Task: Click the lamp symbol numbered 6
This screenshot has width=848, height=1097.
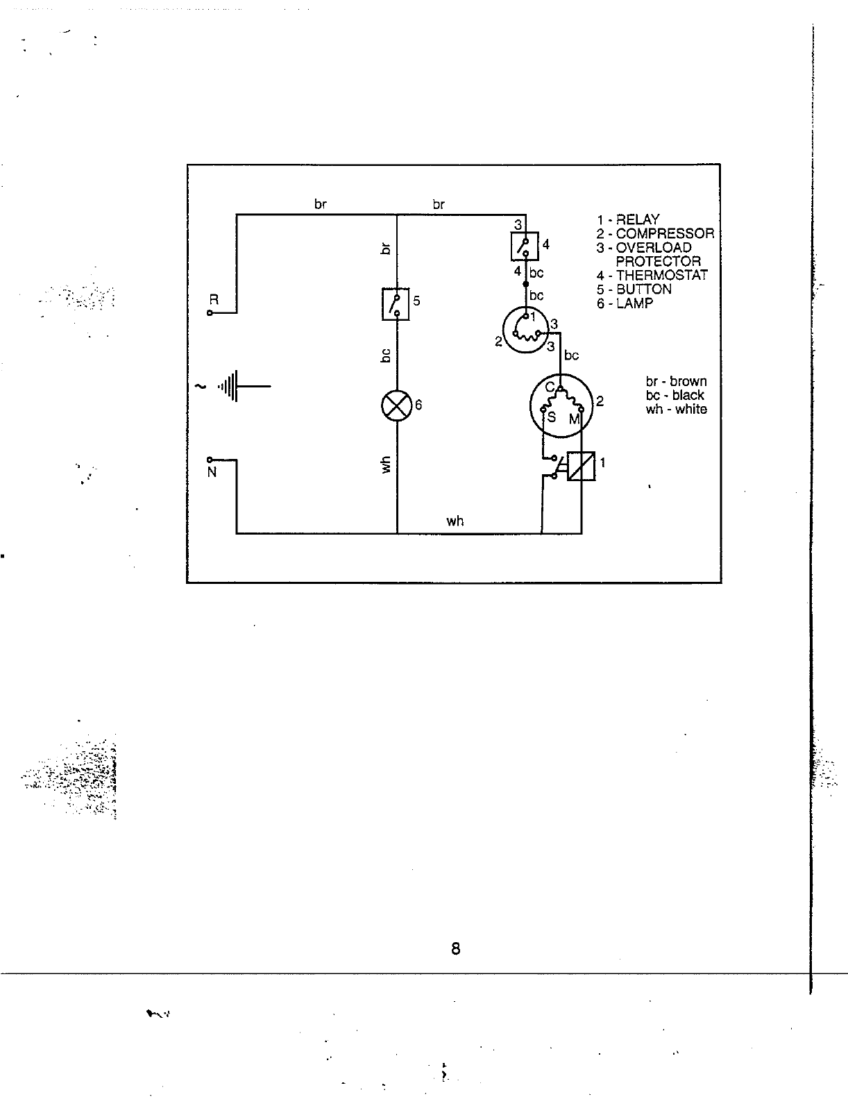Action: point(396,405)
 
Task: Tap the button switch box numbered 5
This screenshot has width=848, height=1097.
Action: point(396,304)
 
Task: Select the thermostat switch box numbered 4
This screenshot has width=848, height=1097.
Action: point(525,246)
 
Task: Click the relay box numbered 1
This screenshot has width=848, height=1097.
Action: point(581,465)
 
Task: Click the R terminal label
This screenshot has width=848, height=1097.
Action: point(214,300)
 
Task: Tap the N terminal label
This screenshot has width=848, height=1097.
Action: point(212,473)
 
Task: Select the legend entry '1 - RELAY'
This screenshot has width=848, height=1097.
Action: point(628,219)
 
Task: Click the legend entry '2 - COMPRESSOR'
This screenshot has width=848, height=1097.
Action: point(655,233)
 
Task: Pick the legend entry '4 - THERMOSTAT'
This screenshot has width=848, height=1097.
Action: point(652,275)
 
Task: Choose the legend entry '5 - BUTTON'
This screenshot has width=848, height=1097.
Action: point(634,289)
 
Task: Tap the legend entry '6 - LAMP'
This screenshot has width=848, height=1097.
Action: point(625,303)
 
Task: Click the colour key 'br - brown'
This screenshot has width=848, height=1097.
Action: point(676,381)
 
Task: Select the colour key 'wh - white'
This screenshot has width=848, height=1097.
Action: point(676,409)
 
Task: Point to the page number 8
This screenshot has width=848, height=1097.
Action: point(455,948)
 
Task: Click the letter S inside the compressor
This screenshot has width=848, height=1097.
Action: point(552,417)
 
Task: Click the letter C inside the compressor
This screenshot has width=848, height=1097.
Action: point(549,387)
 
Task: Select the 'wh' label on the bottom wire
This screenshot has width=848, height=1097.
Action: point(455,521)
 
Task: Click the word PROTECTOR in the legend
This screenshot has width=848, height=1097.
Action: point(658,261)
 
